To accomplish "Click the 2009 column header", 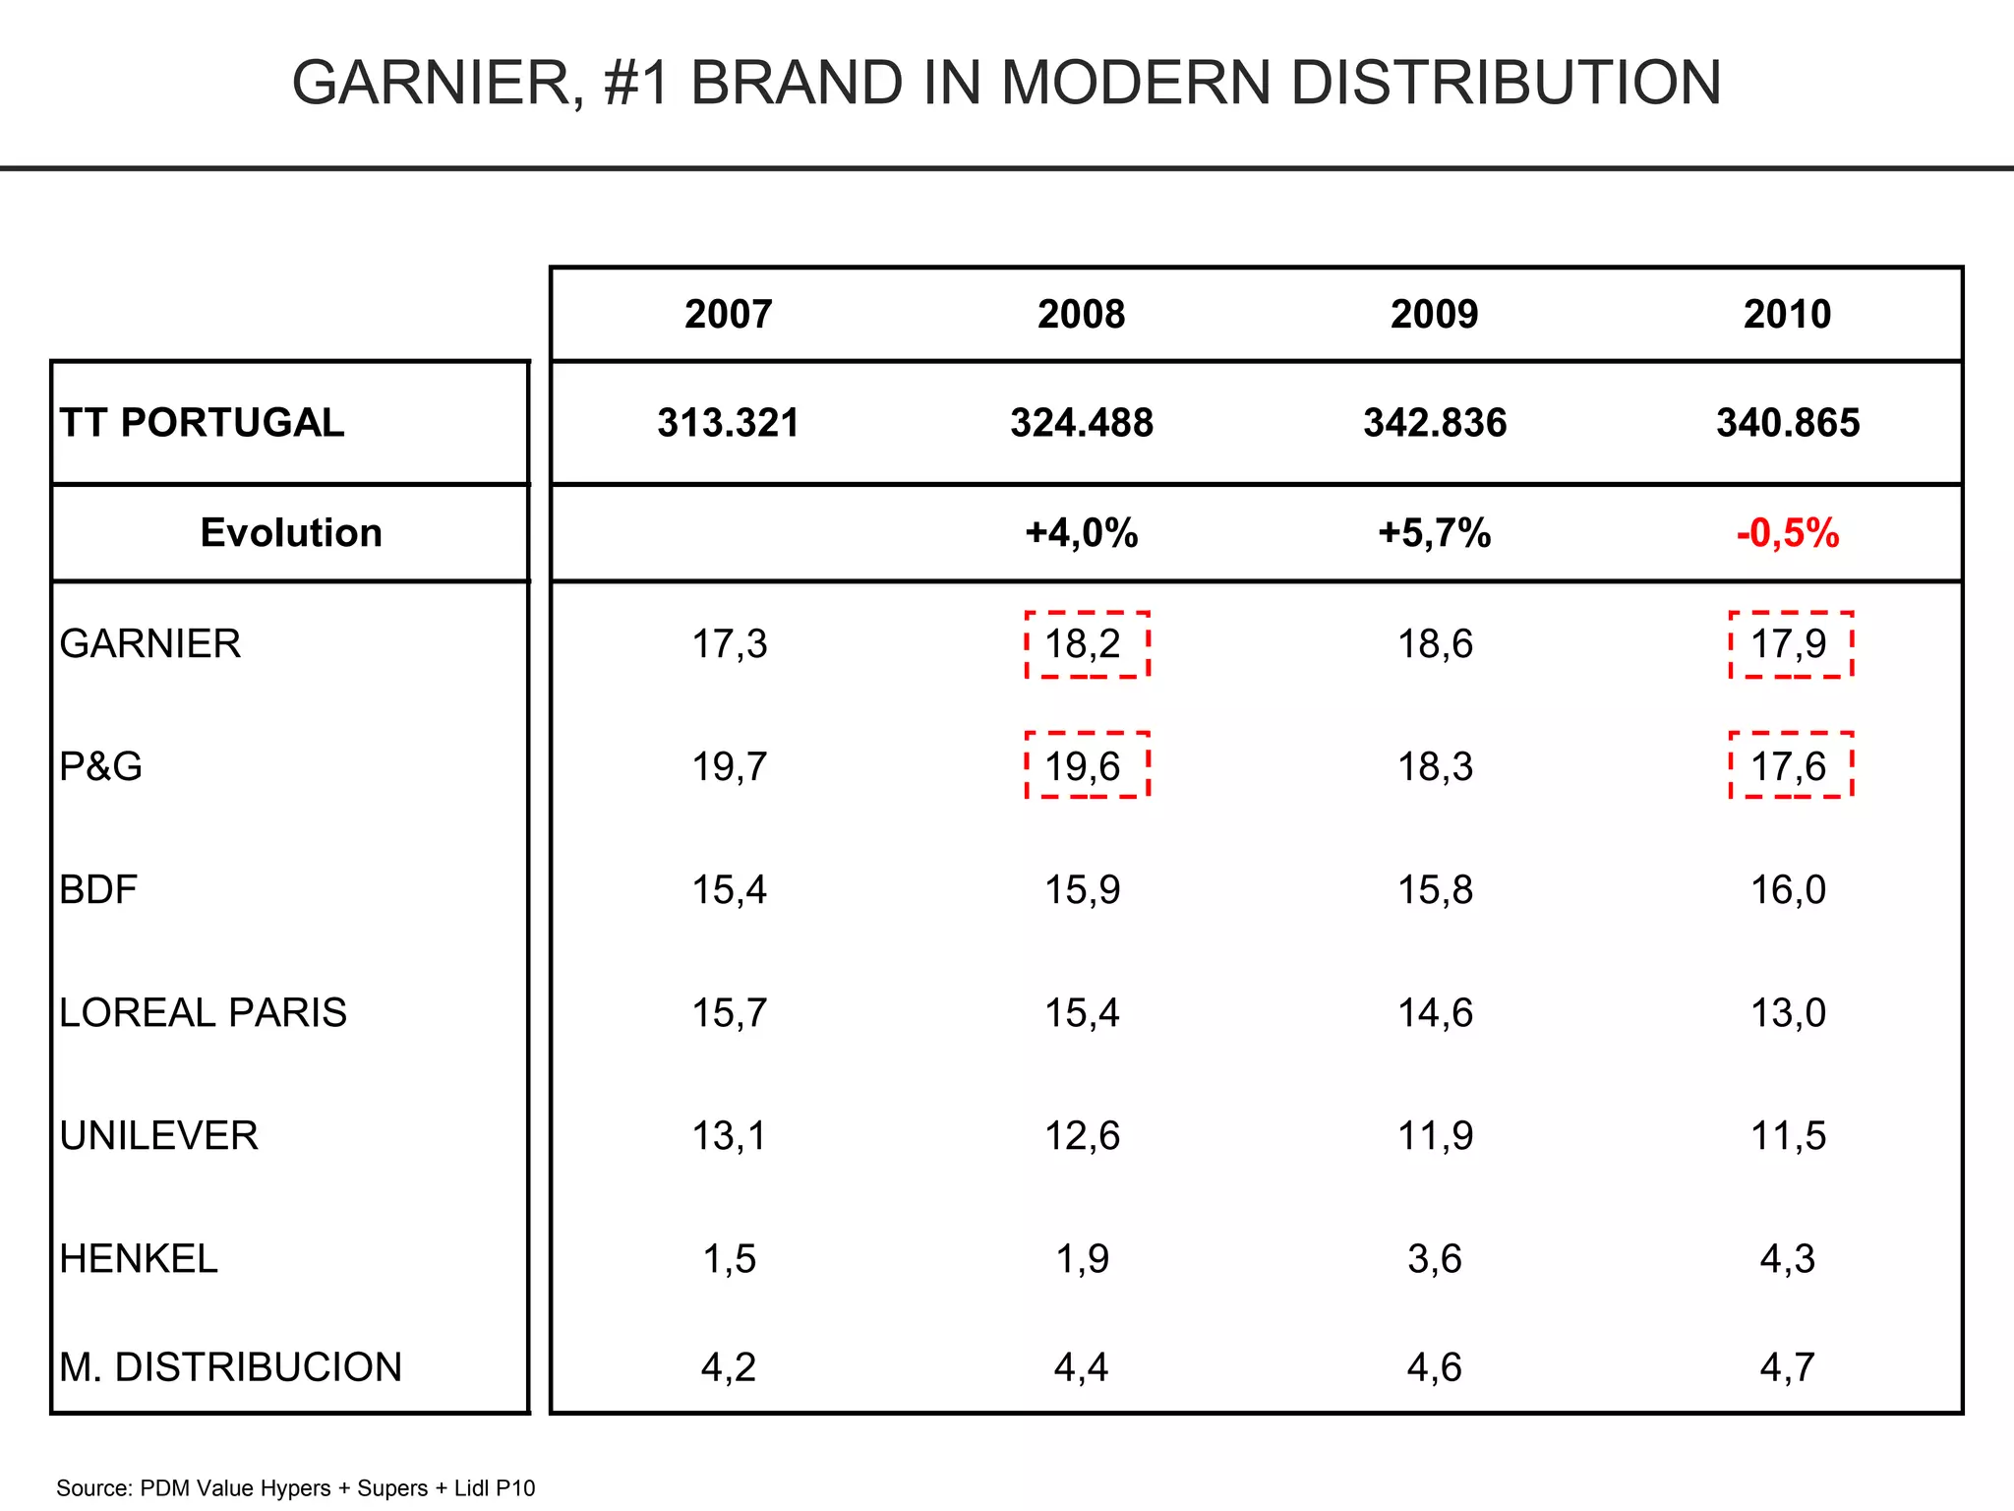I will pos(1434,315).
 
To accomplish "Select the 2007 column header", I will pos(728,315).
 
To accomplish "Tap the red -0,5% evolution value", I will pos(1787,533).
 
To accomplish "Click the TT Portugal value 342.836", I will pos(1434,423).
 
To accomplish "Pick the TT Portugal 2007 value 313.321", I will pos(728,423).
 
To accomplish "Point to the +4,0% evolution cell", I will pos(1081,533).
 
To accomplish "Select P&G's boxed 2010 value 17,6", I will pos(1789,766).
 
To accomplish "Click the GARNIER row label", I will pos(149,644).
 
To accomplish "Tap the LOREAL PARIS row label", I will pos(203,1013).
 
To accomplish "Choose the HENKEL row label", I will pos(138,1259).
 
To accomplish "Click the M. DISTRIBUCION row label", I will pos(230,1367).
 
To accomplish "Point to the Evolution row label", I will pos(291,533).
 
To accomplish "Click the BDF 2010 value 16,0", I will pos(1787,890).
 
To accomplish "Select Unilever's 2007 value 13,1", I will pos(728,1136).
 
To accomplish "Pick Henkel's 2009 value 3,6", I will pos(1434,1259).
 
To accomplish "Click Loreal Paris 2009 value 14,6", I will pos(1434,1013).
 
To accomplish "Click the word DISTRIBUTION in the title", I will pos(1506,83).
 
